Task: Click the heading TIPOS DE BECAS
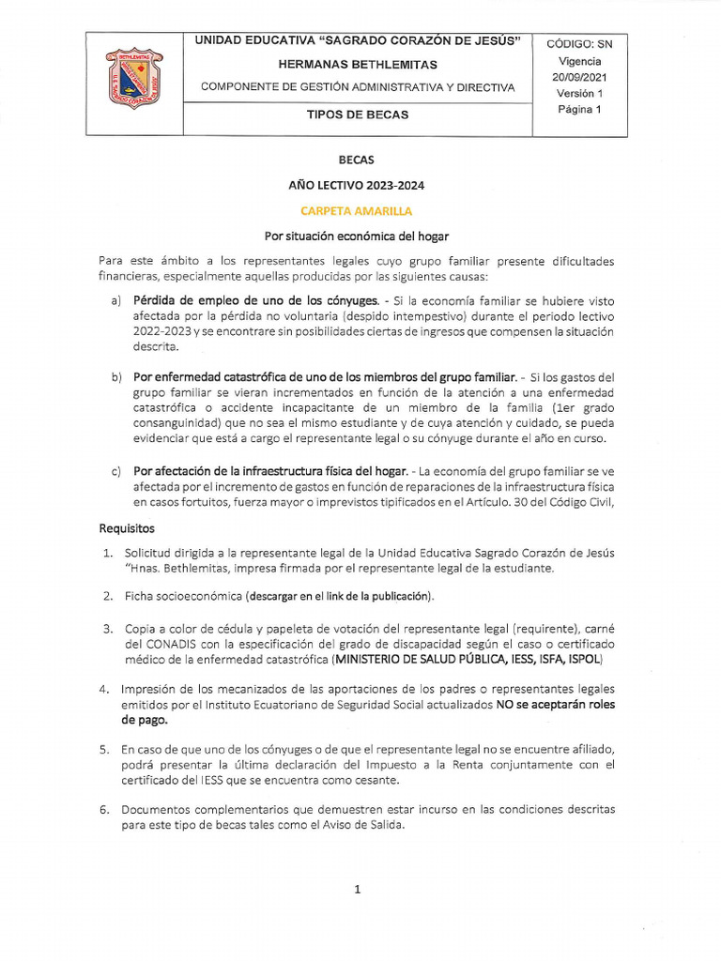pos(358,115)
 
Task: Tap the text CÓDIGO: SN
pos(580,44)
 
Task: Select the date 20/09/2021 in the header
pos(580,77)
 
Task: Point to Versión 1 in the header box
pos(580,93)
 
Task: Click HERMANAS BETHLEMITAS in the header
pos(358,65)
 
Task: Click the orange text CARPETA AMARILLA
pos(356,211)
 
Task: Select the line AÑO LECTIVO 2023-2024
pos(356,186)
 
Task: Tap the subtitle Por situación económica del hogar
pos(356,236)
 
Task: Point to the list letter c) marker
pos(116,469)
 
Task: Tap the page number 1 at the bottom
pos(358,890)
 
